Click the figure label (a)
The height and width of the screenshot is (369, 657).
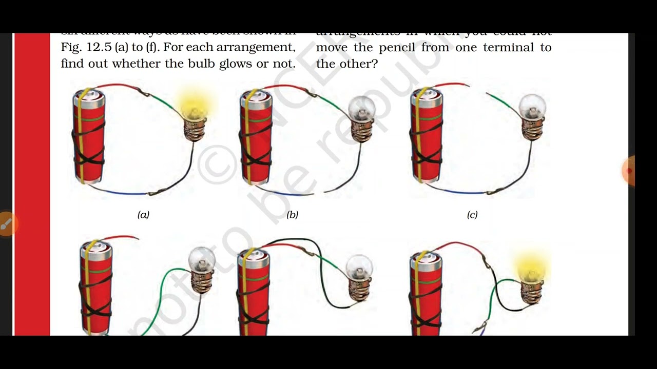coord(143,215)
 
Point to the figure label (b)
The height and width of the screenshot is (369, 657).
coord(292,215)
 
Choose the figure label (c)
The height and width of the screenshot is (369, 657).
coord(472,215)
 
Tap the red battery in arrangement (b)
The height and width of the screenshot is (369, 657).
coord(256,136)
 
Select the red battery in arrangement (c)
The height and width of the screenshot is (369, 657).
coord(426,136)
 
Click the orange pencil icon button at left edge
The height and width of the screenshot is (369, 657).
coord(6,224)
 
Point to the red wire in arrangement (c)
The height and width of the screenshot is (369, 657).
coord(452,85)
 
